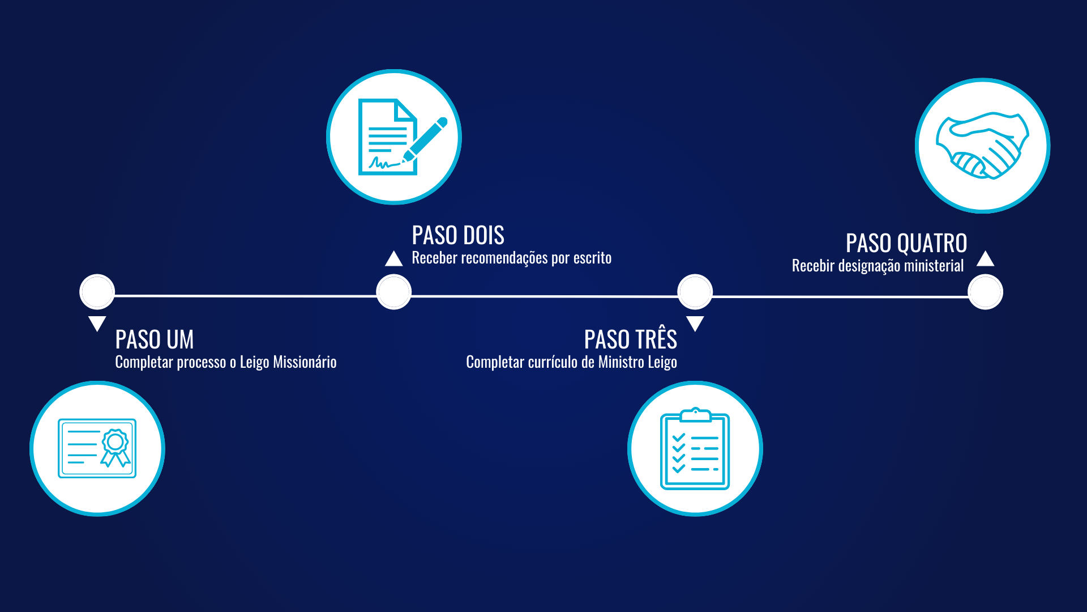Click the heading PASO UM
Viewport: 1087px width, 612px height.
tap(155, 340)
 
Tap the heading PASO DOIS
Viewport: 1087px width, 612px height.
tap(457, 235)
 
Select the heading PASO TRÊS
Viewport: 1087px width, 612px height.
tap(630, 339)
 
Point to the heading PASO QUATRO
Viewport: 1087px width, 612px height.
tap(906, 244)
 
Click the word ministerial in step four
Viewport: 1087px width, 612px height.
tap(934, 266)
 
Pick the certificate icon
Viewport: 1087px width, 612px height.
tap(97, 448)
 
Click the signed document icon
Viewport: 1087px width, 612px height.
tap(394, 137)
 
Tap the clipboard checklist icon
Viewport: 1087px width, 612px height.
tap(695, 448)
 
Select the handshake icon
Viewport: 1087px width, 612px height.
tap(982, 146)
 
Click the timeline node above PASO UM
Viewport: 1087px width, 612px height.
tap(97, 292)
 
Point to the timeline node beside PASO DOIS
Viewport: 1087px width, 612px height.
tap(394, 292)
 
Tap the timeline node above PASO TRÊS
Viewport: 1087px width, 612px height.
tap(695, 292)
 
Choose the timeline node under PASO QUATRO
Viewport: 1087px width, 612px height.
tap(985, 292)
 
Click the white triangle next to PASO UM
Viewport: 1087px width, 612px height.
tap(97, 323)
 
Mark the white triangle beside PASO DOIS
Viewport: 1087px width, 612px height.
tap(394, 260)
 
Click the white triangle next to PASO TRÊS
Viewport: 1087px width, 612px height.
tap(695, 323)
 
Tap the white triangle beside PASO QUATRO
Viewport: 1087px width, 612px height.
tap(985, 259)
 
